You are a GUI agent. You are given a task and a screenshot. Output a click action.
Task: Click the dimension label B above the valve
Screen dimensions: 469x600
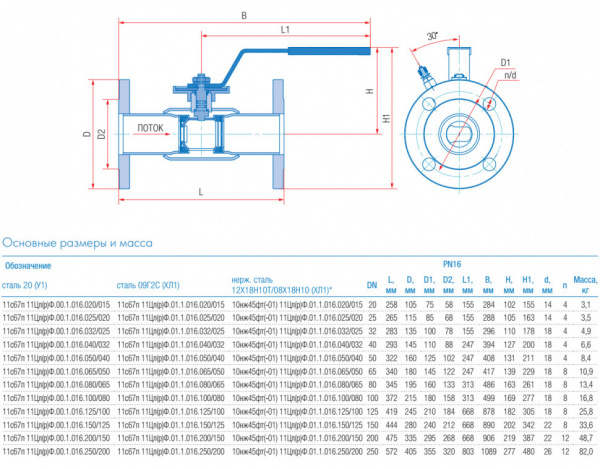[x=243, y=15]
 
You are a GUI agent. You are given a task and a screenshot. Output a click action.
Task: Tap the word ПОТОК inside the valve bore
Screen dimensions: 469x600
[x=150, y=128]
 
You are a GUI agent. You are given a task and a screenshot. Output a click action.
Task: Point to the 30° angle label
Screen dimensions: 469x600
[x=431, y=35]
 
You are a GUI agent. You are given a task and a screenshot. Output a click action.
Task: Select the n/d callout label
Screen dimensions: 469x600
[x=511, y=75]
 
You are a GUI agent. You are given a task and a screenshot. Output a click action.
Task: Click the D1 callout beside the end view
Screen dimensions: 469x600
[x=506, y=61]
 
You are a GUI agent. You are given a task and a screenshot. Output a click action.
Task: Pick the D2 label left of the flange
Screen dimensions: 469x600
[x=103, y=133]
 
